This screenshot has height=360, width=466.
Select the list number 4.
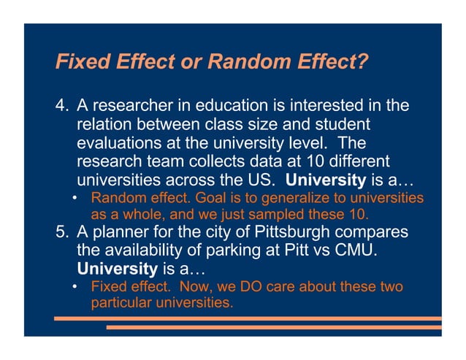coord(61,106)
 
